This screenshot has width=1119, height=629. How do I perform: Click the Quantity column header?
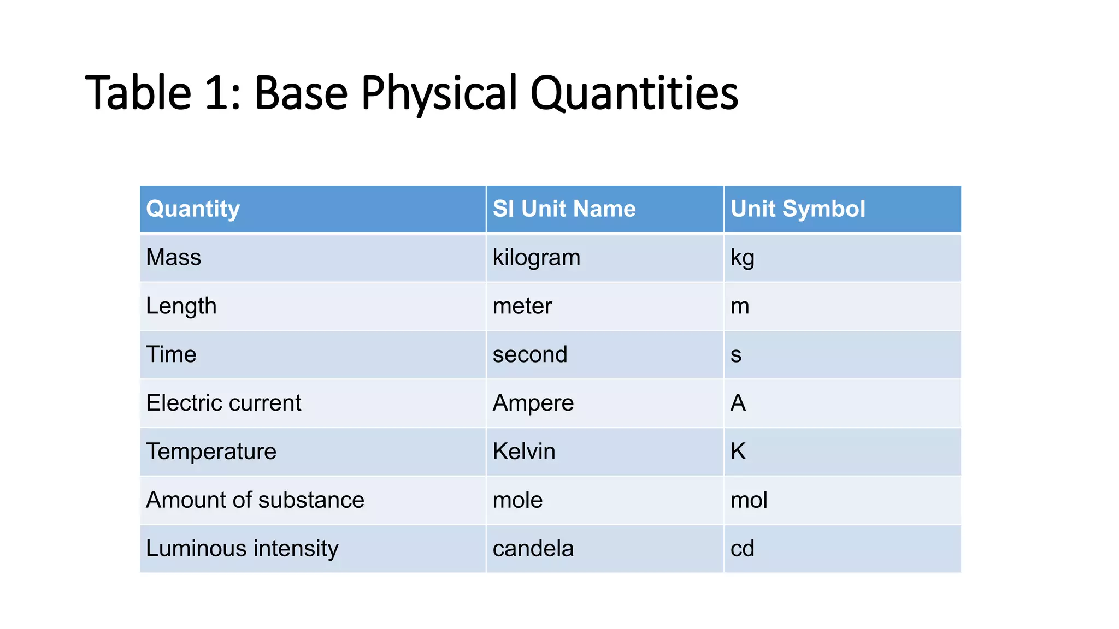(193, 209)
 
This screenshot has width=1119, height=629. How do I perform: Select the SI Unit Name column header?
(564, 209)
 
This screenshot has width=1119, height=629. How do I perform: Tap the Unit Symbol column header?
(798, 209)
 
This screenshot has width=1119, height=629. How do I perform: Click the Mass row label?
(174, 258)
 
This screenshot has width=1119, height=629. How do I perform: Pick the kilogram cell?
(536, 258)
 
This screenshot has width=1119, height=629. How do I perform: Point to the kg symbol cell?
(742, 258)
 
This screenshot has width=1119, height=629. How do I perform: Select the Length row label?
(181, 306)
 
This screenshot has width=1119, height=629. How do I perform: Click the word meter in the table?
(522, 306)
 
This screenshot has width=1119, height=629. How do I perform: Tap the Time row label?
(171, 355)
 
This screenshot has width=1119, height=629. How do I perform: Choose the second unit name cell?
(530, 355)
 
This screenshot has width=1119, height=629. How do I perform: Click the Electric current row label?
(223, 403)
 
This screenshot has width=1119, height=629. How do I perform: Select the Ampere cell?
(533, 403)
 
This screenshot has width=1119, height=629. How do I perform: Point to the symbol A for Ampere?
(738, 403)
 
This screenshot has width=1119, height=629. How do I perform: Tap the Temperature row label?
(211, 452)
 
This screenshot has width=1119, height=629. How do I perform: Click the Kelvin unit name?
(524, 452)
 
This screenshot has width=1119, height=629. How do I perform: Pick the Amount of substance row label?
(255, 500)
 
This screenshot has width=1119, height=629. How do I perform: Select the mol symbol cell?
(749, 500)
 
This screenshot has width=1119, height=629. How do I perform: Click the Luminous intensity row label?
(242, 549)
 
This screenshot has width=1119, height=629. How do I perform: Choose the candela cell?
(533, 549)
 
